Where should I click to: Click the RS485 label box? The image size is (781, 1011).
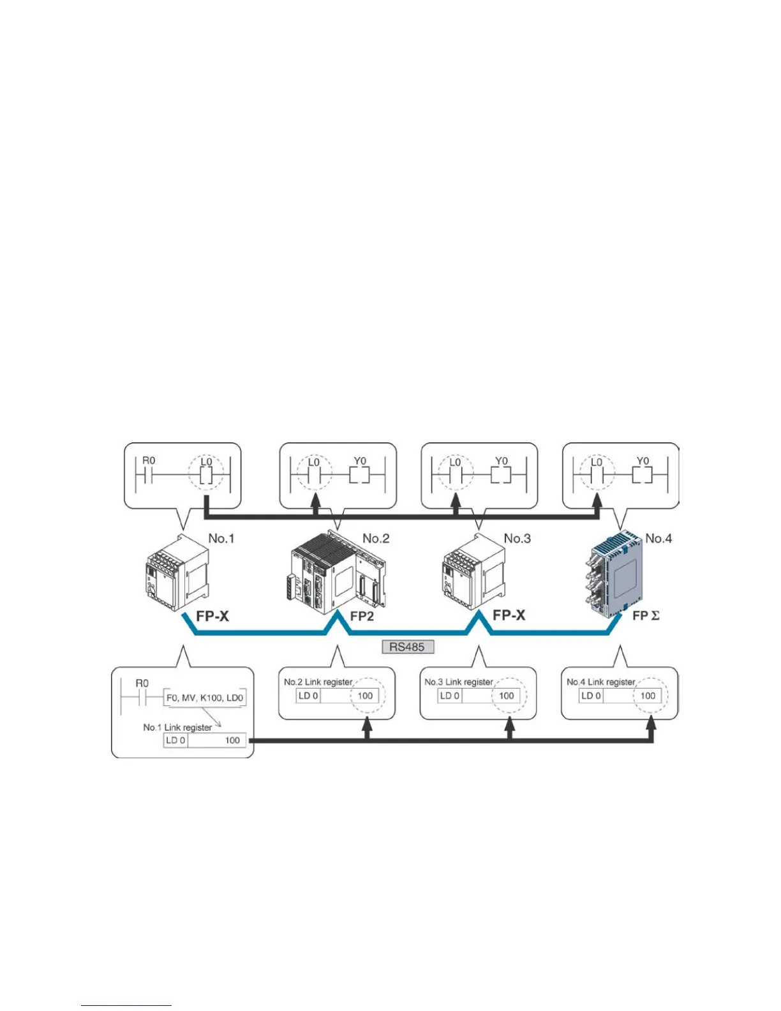point(407,647)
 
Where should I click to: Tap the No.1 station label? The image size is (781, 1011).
point(221,538)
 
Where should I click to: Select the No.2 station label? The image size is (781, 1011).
point(376,538)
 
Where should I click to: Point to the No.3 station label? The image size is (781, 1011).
point(517,538)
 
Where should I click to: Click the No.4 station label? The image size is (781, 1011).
point(658,538)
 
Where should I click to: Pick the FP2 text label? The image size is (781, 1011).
point(362,616)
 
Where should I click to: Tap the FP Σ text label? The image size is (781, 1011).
point(646,616)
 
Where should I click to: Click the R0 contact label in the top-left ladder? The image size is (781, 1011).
point(149,461)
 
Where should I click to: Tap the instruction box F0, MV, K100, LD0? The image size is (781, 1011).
point(205,698)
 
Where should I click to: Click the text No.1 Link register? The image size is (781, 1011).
point(177,727)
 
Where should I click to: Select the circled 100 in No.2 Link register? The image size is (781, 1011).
point(365,696)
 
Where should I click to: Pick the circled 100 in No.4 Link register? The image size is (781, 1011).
point(648,696)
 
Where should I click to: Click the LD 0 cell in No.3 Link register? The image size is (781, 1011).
point(449,696)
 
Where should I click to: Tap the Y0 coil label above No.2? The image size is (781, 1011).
point(360,461)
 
